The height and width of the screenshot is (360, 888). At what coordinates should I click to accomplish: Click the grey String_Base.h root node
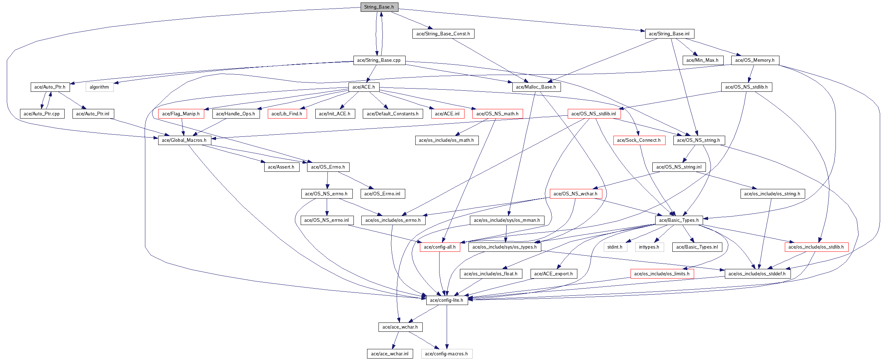tap(379, 7)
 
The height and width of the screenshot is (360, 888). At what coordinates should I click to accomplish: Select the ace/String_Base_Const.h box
tap(443, 34)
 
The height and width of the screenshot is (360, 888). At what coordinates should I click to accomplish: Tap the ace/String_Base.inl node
tap(669, 34)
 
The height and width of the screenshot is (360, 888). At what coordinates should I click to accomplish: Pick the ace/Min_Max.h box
tap(702, 60)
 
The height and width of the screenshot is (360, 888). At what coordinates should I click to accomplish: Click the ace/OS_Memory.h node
tap(755, 60)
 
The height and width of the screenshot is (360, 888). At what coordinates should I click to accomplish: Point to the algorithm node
tap(99, 87)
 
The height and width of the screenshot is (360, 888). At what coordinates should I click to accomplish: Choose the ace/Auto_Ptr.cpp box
tap(42, 114)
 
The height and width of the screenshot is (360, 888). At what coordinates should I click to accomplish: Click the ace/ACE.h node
tap(363, 87)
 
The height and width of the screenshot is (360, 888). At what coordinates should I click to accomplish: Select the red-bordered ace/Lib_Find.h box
tap(287, 114)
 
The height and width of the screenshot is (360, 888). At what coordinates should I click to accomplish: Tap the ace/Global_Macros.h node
tap(184, 140)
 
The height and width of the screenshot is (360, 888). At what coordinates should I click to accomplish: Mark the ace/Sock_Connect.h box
tap(639, 140)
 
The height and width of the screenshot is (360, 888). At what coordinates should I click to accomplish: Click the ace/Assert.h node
tap(281, 167)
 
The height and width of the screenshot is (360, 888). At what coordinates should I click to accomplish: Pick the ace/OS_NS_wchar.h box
tap(576, 194)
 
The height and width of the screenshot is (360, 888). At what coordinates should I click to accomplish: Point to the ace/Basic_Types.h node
tap(679, 220)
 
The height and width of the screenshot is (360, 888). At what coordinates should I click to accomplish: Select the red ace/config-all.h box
tap(440, 247)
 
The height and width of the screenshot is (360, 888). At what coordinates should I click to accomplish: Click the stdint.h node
tap(615, 247)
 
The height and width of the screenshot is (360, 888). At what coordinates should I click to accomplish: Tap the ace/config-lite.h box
tap(447, 300)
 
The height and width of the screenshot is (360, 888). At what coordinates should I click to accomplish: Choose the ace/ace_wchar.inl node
tap(390, 354)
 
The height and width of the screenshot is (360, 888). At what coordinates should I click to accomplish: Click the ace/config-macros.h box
tap(446, 354)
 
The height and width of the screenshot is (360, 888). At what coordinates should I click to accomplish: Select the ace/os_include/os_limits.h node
tap(662, 274)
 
